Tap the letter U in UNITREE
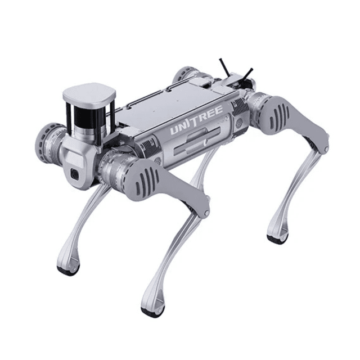pyautogui.click(x=176, y=130)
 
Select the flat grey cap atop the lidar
pyautogui.click(x=88, y=93)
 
